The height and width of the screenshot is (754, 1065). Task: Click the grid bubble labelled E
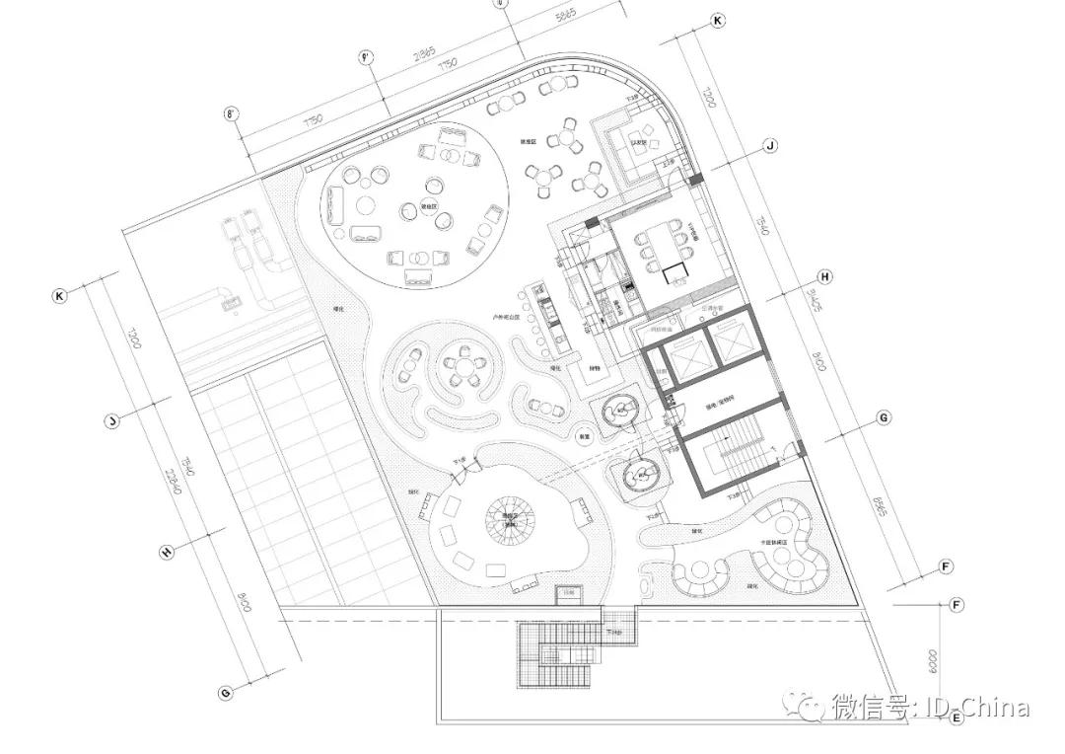(956, 718)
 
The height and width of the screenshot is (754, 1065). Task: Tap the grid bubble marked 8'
(234, 114)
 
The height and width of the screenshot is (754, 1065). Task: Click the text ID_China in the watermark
(975, 707)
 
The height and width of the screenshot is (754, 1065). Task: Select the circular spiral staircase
(512, 517)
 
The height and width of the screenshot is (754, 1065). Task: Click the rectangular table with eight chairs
(660, 249)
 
